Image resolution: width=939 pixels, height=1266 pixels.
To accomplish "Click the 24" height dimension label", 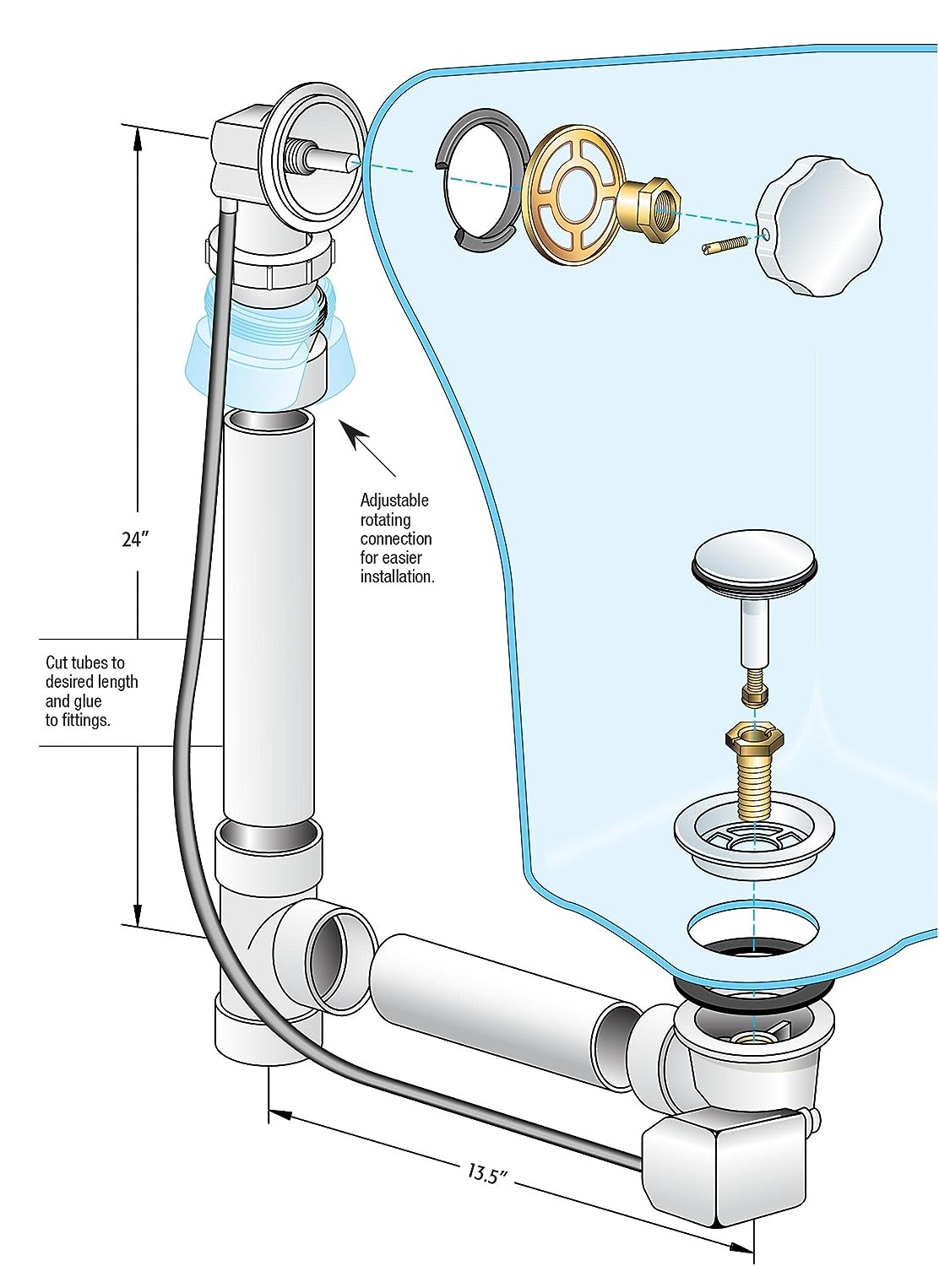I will (x=135, y=538).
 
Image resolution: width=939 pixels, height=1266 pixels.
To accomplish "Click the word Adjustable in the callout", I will (x=394, y=500).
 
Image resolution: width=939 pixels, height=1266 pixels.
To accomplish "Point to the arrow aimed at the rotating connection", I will (x=371, y=452).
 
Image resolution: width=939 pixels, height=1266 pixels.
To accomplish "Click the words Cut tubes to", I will (x=84, y=663).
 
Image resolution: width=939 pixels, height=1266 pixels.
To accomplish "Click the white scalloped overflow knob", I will (x=817, y=225).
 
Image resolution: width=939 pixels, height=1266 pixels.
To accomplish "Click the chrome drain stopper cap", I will (x=754, y=557).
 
